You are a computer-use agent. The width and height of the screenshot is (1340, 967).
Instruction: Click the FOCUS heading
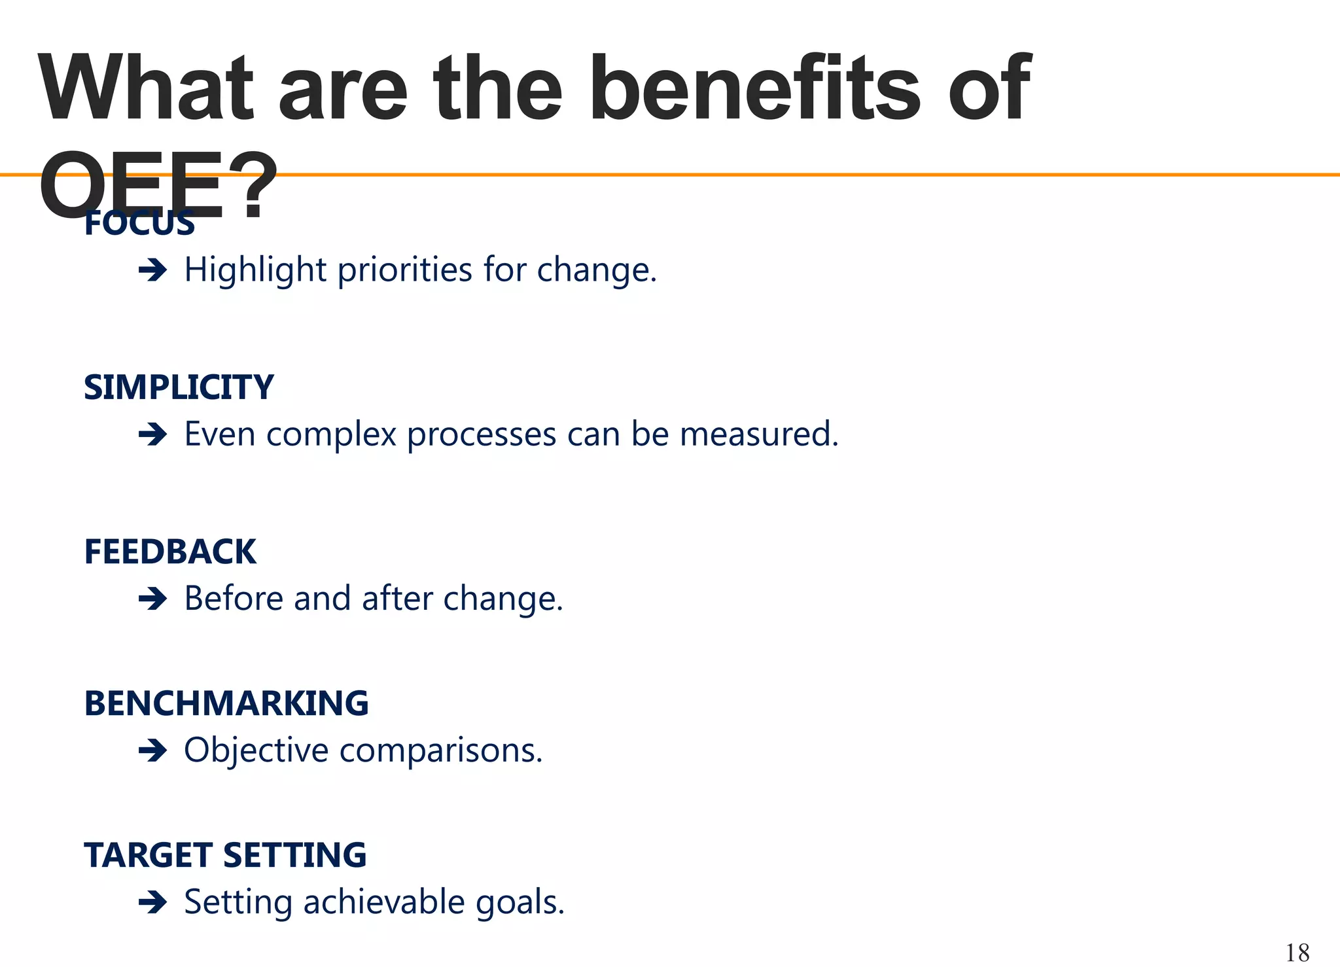coord(139,224)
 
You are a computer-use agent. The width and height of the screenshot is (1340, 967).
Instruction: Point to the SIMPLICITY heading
coord(179,387)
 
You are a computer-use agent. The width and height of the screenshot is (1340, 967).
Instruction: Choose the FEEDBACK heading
coord(170,552)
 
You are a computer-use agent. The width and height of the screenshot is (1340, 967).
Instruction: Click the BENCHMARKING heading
coord(226,703)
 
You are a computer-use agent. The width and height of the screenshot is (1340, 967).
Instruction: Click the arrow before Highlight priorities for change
coord(153,270)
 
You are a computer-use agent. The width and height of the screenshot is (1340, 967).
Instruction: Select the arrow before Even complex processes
coord(153,434)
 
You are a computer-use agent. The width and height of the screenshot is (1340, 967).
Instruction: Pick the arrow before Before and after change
coord(153,599)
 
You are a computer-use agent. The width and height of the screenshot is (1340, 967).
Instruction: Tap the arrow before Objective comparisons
coord(153,750)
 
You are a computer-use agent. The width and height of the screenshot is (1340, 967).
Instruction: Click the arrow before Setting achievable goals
coord(153,903)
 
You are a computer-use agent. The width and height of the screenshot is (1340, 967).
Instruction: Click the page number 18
coord(1297,953)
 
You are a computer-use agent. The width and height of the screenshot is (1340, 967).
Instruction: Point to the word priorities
coord(404,270)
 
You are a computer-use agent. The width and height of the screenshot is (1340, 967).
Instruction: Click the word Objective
coord(256,750)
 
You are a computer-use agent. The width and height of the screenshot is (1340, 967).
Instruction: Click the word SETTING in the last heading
coord(294,855)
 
